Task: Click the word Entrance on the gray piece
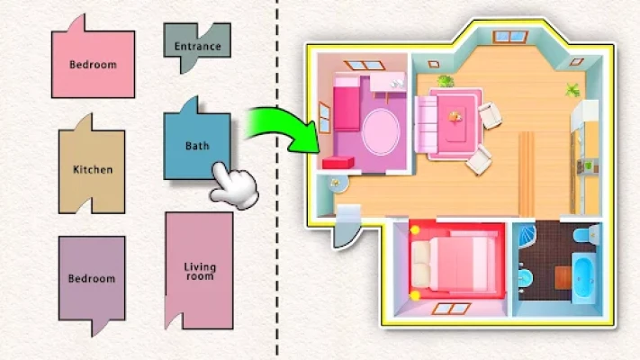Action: [196, 46]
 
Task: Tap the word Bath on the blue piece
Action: [196, 146]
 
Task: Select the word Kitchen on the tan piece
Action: [92, 169]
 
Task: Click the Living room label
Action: [199, 272]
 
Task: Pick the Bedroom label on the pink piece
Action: [92, 65]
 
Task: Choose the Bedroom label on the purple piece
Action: [92, 279]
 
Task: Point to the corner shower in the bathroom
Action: [530, 237]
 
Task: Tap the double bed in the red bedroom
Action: [455, 262]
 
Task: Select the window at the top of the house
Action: [509, 37]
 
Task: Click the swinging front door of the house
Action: [343, 231]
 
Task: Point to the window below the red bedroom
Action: [449, 308]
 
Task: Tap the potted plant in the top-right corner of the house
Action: [572, 89]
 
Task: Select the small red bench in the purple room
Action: [338, 163]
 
